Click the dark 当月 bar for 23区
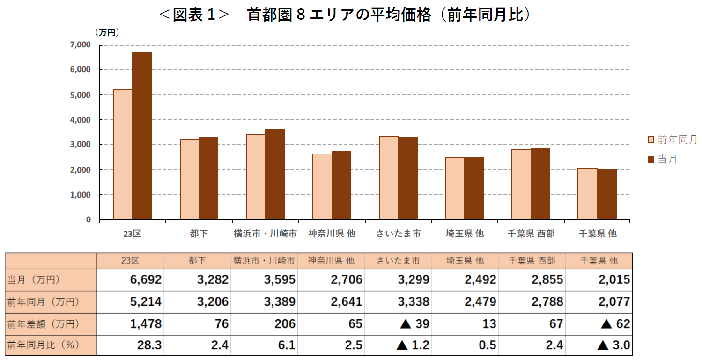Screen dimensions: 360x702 click(142, 136)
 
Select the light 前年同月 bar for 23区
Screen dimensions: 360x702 click(123, 154)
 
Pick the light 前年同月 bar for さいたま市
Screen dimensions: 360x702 click(388, 178)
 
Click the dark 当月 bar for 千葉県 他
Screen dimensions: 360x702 click(607, 194)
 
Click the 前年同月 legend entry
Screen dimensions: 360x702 click(672, 140)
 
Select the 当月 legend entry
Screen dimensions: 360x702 click(662, 160)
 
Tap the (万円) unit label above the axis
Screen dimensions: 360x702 click(107, 32)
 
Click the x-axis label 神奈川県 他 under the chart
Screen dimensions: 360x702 click(332, 234)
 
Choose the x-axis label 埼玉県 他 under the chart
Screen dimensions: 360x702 click(465, 234)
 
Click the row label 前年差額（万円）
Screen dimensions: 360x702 click(43, 324)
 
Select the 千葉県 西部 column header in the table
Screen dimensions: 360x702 click(531, 261)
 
